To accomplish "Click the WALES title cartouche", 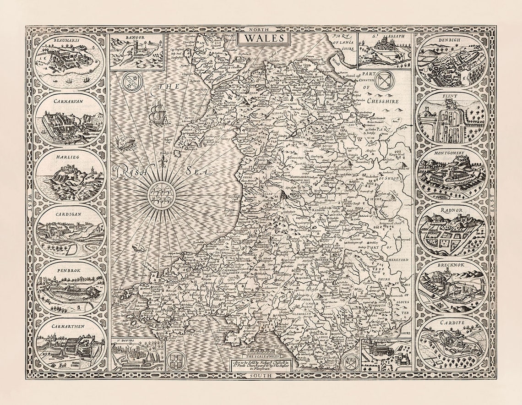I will pos(264,38).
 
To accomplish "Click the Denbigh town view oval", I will pos(451,62).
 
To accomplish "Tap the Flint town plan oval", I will pos(451,118).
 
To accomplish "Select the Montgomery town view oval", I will pos(451,174).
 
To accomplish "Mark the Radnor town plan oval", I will pos(451,230).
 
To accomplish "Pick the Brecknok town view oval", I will pos(451,287).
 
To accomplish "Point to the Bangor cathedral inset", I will pos(137,51).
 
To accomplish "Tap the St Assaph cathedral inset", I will pos(384,50).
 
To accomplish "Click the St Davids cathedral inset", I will pos(137,355).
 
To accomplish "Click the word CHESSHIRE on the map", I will pos(380,101).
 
